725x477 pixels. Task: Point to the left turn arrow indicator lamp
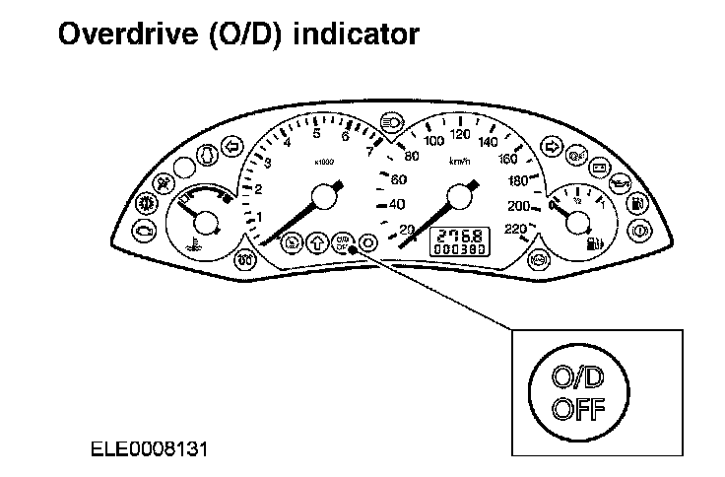pos(232,148)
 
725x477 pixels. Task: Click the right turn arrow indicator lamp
pos(552,148)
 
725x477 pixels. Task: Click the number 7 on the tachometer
pos(369,151)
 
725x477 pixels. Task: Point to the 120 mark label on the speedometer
pos(459,134)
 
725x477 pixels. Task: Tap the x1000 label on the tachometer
pos(322,163)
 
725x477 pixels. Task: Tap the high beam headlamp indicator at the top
pos(390,119)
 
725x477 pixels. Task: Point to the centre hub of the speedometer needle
pos(456,200)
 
